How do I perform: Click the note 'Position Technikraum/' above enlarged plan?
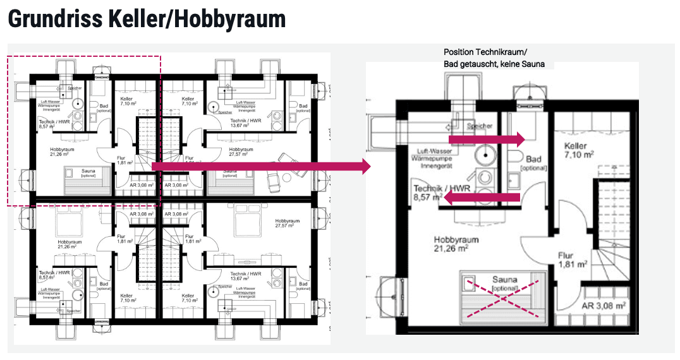coord(485,52)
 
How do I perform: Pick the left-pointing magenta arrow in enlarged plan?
coord(480,198)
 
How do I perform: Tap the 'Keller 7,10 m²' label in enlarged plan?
coord(578,150)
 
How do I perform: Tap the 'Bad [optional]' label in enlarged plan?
coord(533,164)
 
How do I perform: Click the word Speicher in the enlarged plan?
coord(479,126)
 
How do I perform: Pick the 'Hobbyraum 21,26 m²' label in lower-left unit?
coord(66,244)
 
